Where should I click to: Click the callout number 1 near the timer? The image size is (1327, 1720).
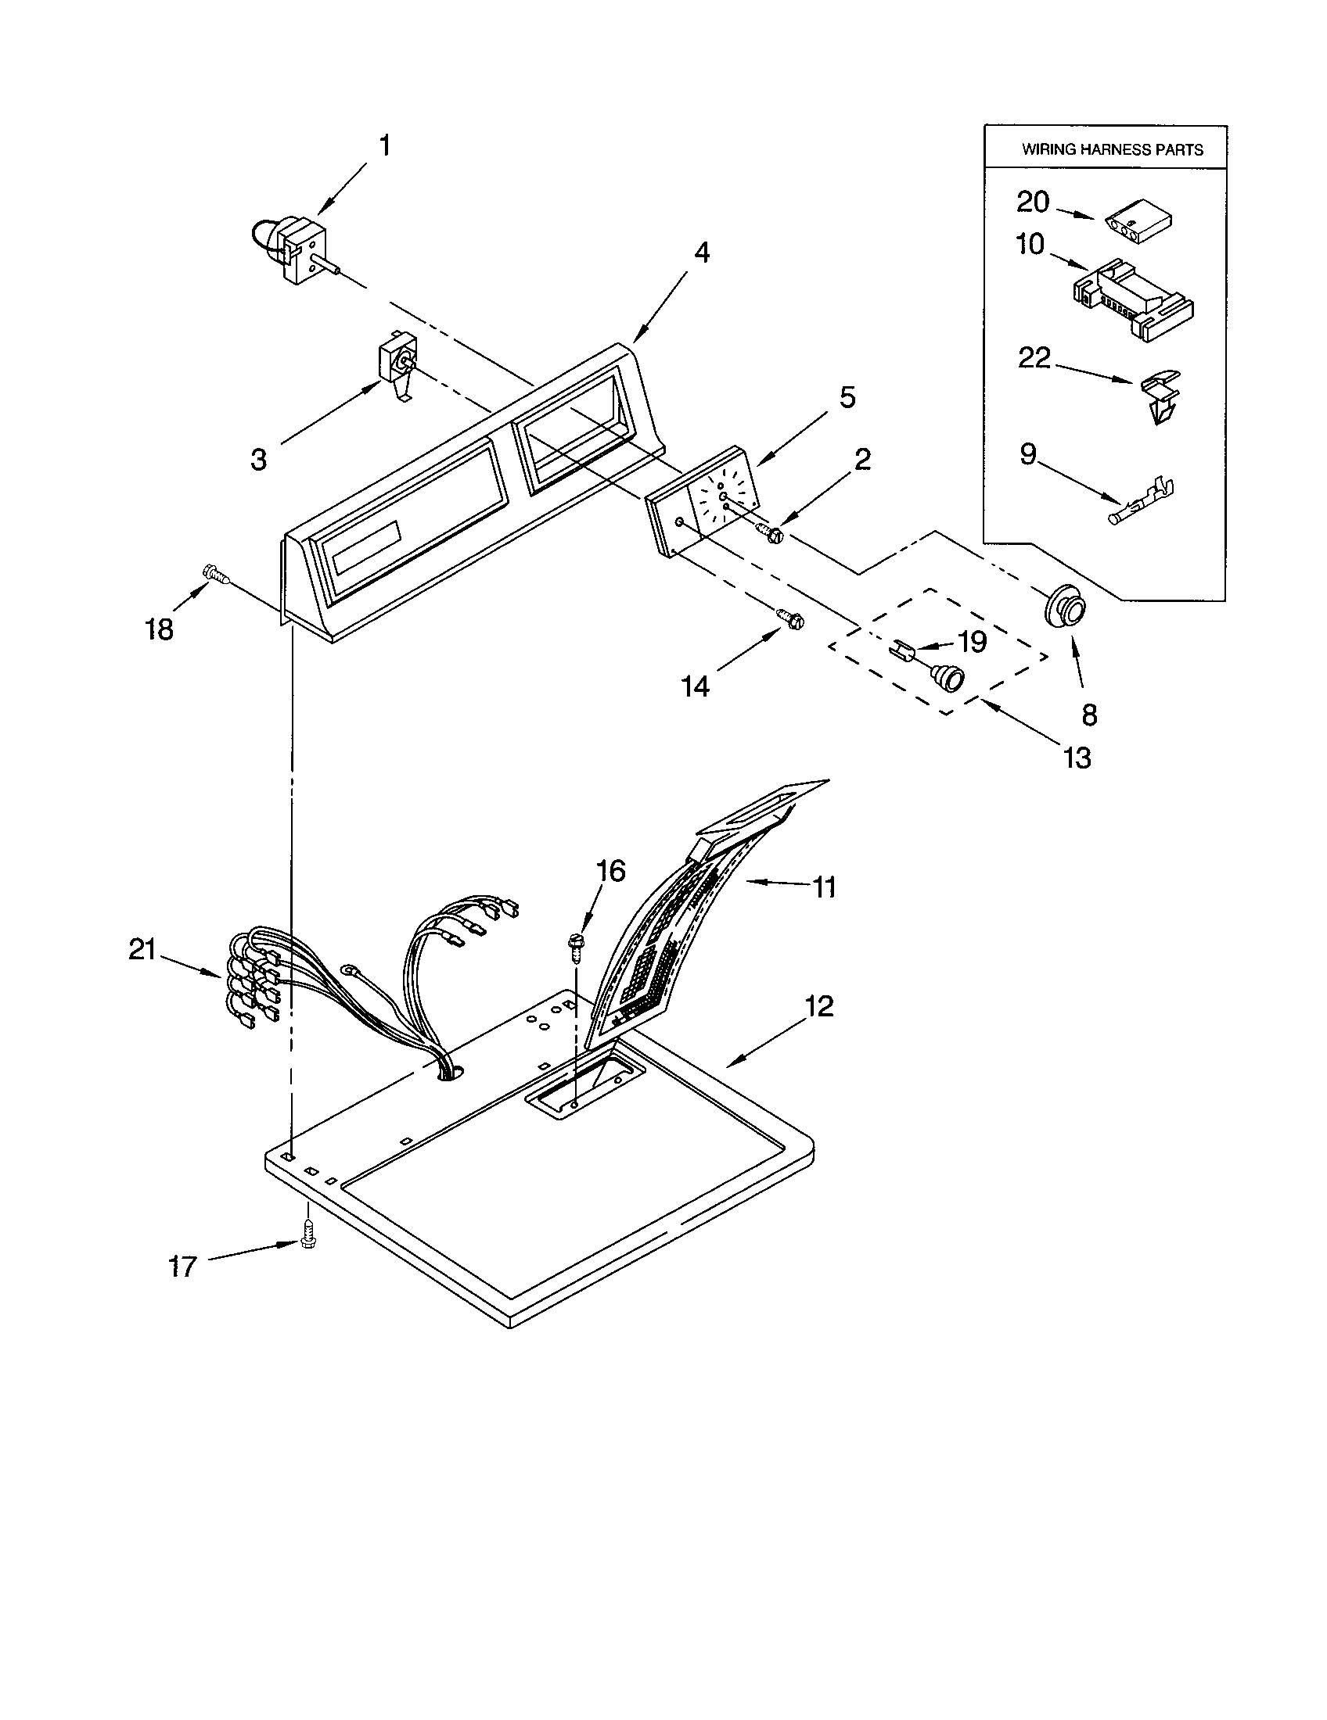[x=384, y=145]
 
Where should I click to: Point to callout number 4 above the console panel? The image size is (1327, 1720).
[x=701, y=252]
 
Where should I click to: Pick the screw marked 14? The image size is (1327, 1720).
[x=790, y=618]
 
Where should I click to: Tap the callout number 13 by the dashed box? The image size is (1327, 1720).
[x=1077, y=758]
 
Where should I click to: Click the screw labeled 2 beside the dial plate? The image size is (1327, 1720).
[x=770, y=533]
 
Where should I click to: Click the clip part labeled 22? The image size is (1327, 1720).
[x=1162, y=396]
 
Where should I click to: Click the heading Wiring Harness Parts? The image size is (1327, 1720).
[x=1112, y=149]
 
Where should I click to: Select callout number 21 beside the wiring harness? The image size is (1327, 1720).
[x=142, y=950]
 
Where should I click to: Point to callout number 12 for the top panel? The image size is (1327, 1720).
[x=818, y=1005]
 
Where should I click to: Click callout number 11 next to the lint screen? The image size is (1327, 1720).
[x=823, y=887]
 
